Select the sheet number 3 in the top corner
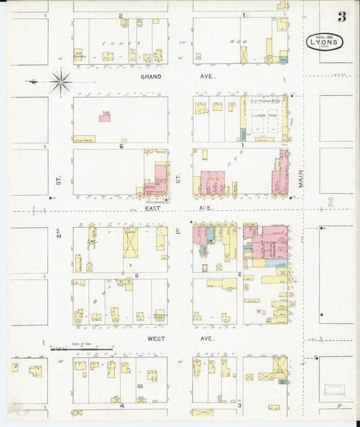pyautogui.click(x=342, y=18)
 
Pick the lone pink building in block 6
pyautogui.click(x=105, y=117)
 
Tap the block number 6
pyautogui.click(x=122, y=146)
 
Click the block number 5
pyautogui.click(x=136, y=276)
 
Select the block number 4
pyautogui.click(x=122, y=406)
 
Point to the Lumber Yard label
pyautogui.click(x=263, y=116)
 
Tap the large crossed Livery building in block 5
pyautogui.click(x=130, y=243)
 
